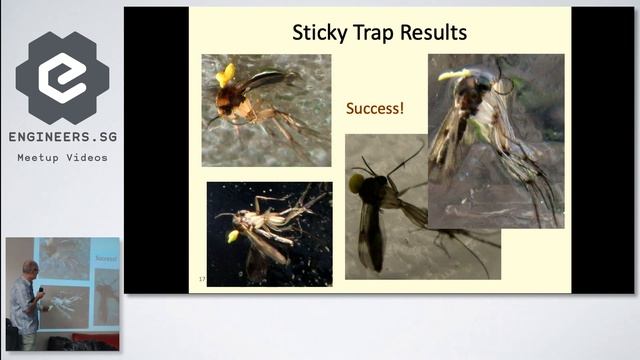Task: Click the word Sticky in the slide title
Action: (x=319, y=32)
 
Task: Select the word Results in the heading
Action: (x=437, y=32)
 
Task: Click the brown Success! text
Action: (x=375, y=107)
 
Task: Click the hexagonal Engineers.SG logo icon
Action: (x=62, y=78)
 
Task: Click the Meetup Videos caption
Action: (x=62, y=157)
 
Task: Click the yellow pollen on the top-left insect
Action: (x=226, y=75)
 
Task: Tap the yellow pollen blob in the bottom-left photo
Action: (x=233, y=237)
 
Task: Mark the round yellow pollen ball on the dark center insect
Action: (x=356, y=183)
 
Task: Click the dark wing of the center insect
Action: (x=371, y=235)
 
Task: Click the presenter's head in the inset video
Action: (x=31, y=268)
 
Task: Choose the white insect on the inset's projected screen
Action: (x=62, y=300)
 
